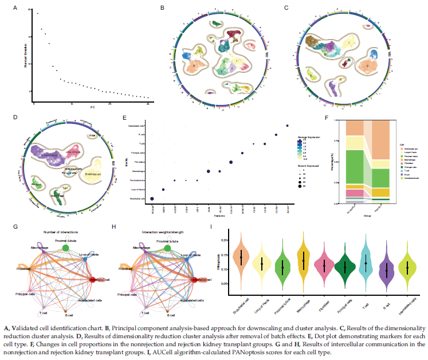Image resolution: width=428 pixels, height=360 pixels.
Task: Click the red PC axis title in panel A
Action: tap(92, 107)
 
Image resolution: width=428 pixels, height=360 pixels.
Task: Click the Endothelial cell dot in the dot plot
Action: tap(152, 198)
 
